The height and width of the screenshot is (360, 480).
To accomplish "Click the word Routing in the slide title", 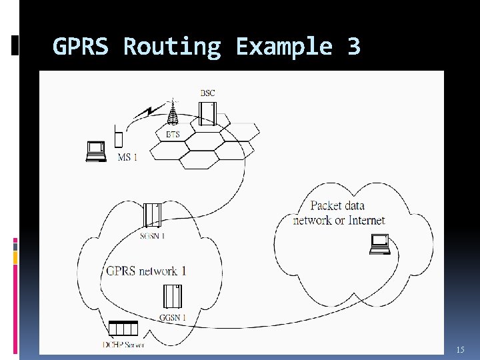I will tap(172, 47).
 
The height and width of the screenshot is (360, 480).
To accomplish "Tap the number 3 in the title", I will tap(353, 47).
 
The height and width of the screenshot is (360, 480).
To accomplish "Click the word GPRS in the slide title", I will tap(82, 47).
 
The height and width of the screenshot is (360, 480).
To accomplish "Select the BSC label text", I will tap(208, 93).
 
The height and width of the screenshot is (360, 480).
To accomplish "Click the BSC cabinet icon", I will tap(208, 113).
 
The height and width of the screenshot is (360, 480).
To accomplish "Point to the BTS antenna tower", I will tap(173, 113).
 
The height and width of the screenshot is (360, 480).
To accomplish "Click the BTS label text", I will tap(173, 135).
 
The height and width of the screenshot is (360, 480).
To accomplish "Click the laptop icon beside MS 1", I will tap(96, 151).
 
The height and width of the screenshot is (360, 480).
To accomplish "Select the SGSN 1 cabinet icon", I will tap(153, 215).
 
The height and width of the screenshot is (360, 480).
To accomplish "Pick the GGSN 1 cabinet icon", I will tap(173, 297).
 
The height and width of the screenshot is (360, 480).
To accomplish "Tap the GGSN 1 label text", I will tap(173, 317).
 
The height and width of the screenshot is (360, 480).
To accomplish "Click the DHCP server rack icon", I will tap(123, 329).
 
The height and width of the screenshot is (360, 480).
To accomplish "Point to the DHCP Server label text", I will tap(123, 344).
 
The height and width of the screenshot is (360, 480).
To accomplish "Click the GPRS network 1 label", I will tap(147, 271).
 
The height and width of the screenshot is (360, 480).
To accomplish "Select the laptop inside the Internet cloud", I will tap(379, 245).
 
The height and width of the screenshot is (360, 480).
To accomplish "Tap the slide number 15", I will tap(461, 350).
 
